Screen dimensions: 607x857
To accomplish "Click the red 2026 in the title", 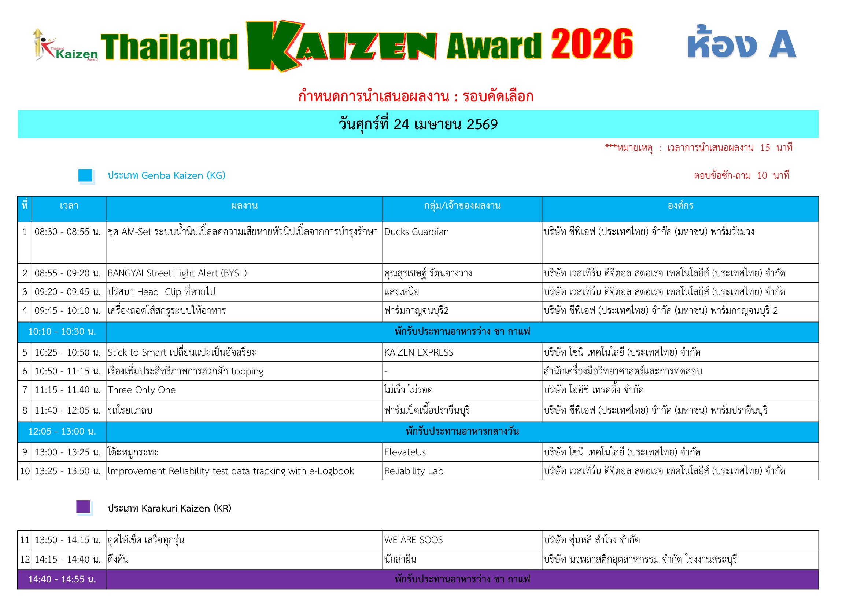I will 592,44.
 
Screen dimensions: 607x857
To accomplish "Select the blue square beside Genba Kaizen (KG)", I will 85,175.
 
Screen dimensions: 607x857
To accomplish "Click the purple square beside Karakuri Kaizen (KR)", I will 83,507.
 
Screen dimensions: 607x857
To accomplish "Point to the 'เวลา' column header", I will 69,206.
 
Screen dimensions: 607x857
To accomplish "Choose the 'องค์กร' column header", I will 680,206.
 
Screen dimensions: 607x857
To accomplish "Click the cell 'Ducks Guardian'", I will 417,232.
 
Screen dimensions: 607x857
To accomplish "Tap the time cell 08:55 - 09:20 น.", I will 67,273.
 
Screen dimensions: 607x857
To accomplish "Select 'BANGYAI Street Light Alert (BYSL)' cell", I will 177,273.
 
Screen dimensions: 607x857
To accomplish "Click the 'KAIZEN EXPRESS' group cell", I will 419,352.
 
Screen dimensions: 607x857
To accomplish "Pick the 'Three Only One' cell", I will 142,390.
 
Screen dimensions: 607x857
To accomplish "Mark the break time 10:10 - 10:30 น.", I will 62,332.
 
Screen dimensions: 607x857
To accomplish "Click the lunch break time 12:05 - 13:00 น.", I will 62,432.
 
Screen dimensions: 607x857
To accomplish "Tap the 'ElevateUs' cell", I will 405,452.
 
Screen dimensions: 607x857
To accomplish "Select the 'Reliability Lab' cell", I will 414,471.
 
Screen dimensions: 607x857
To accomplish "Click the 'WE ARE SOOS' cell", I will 414,540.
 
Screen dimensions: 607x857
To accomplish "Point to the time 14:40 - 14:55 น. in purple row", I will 62,579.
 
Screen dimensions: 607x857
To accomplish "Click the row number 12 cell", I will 25,560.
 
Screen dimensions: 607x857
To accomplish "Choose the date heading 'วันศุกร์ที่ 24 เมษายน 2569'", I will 418,124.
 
